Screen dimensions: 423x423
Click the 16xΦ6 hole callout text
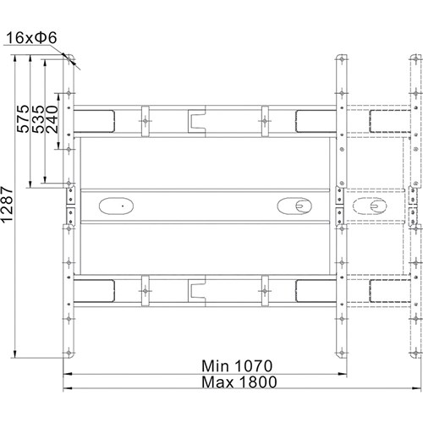(x=31, y=38)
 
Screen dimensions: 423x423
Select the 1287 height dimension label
(x=7, y=204)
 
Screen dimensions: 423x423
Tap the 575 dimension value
(x=23, y=118)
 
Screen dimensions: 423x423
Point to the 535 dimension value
(x=38, y=118)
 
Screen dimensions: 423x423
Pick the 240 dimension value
(x=52, y=118)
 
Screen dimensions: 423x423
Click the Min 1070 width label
(x=237, y=366)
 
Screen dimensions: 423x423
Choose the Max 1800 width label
(x=239, y=382)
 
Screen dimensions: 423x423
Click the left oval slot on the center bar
(x=116, y=206)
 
